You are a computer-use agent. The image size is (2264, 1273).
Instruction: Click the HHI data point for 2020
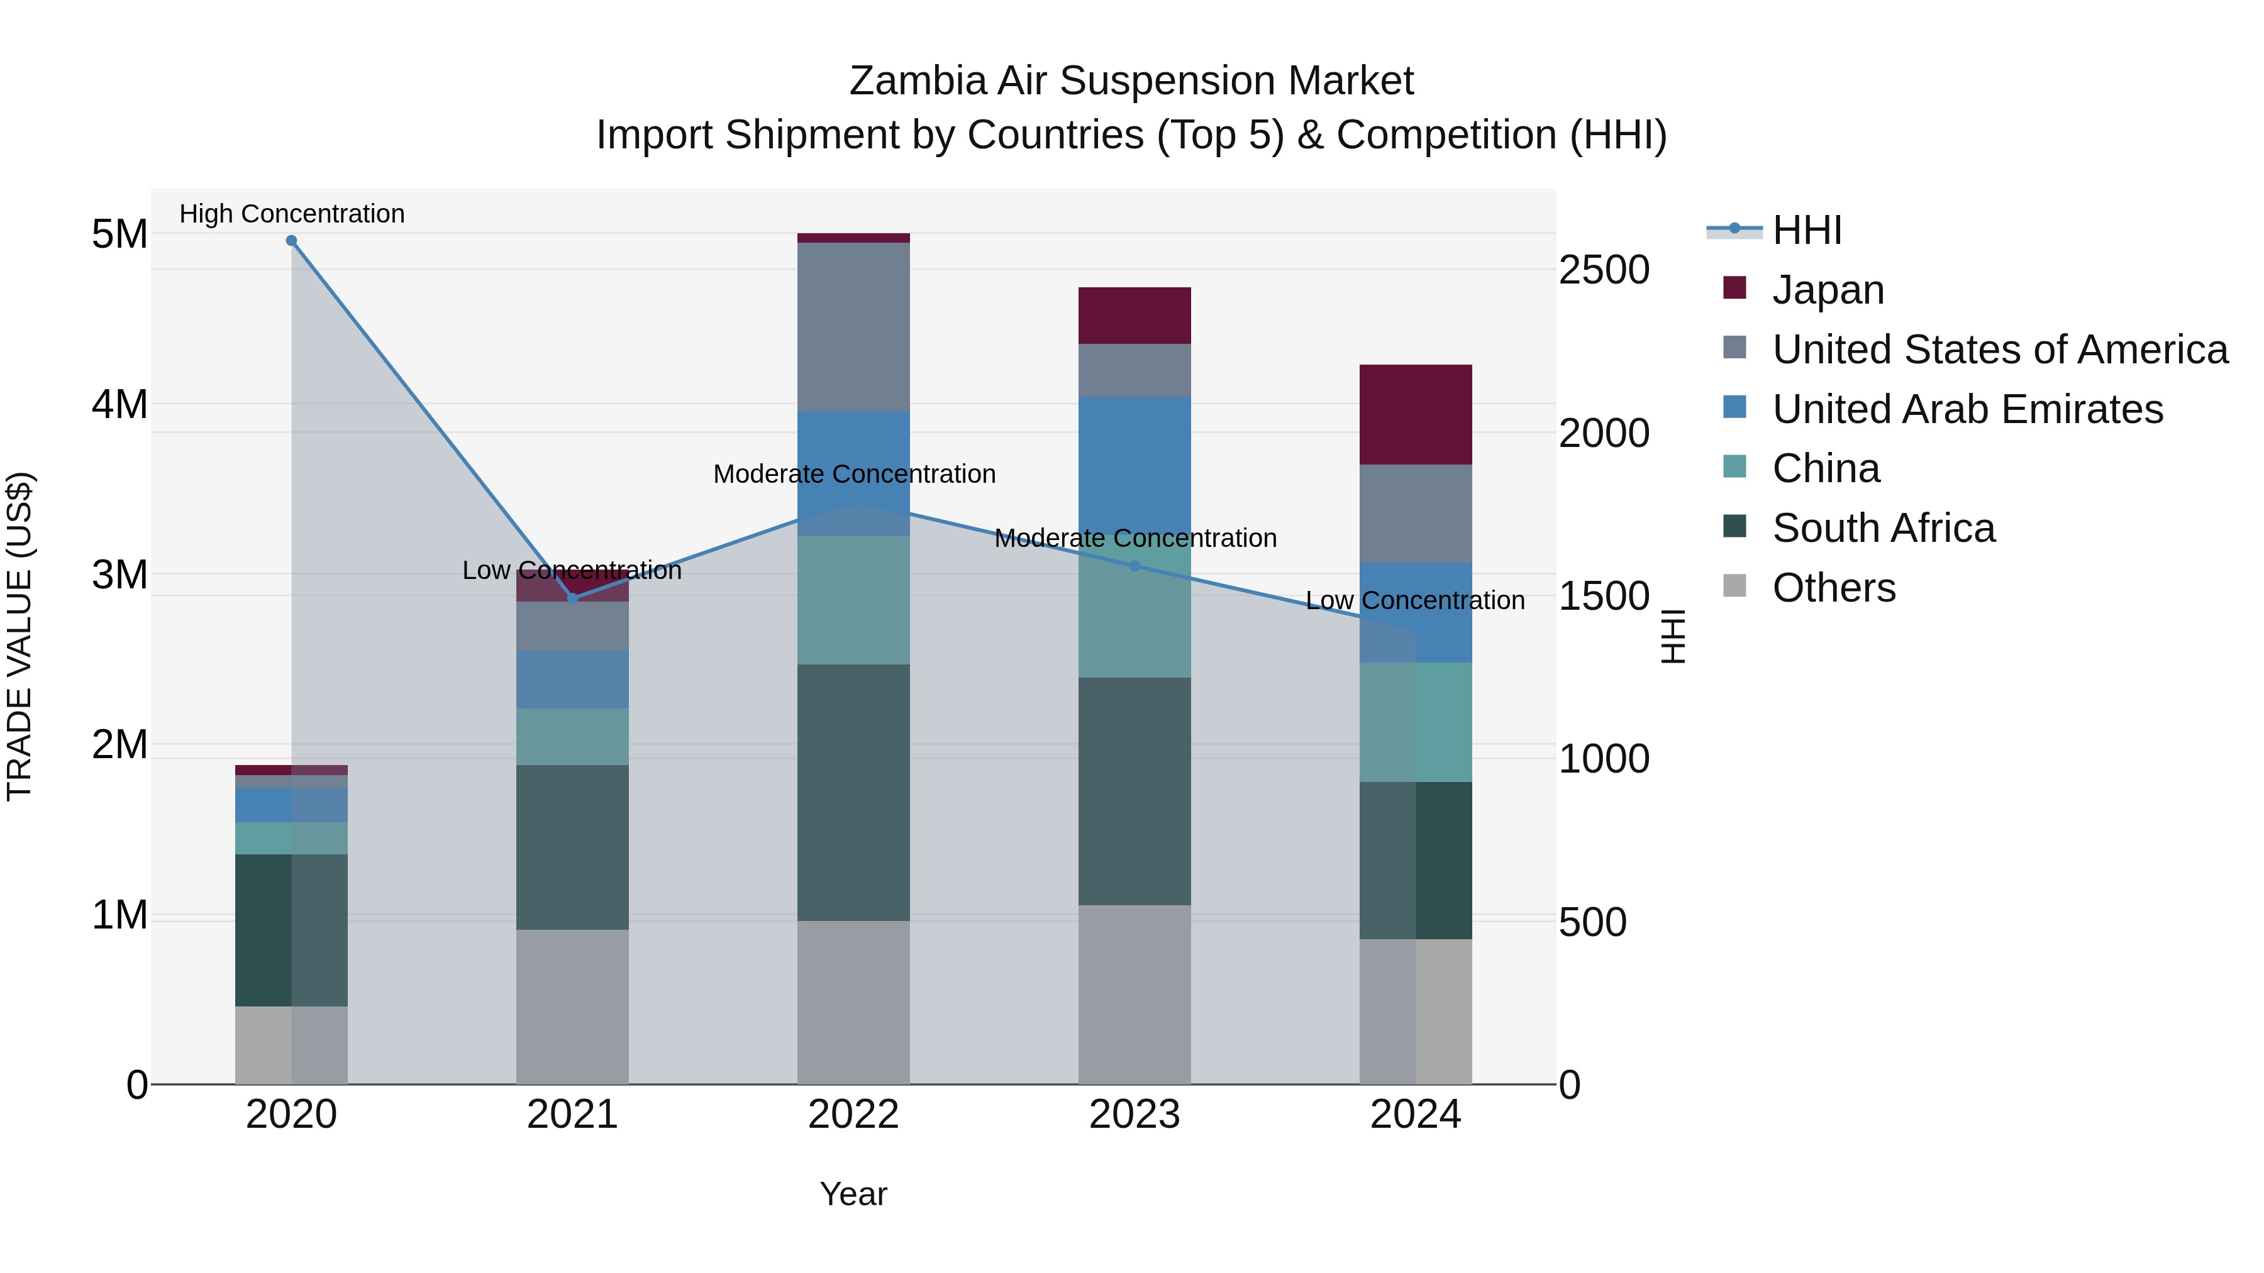pos(292,241)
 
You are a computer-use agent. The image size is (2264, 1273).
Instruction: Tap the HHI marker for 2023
pos(1134,566)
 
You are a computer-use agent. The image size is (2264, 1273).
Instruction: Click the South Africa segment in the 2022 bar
pos(853,791)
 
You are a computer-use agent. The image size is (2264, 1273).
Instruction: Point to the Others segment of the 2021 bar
pos(572,1006)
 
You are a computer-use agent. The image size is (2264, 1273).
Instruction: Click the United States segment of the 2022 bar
pos(853,326)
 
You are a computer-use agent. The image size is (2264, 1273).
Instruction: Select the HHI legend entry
pos(1806,230)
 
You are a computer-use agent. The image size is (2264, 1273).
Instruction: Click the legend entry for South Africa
pos(1882,528)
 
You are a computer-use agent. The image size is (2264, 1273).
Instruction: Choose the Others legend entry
pos(1833,588)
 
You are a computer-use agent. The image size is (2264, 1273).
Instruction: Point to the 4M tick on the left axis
pos(119,404)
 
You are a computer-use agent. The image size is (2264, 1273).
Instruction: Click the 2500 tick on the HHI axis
pos(1603,270)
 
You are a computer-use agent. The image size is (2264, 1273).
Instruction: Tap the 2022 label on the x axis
pos(853,1115)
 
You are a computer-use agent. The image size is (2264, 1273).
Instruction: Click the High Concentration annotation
pos(292,214)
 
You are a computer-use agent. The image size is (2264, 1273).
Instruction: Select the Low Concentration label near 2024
pos(1415,600)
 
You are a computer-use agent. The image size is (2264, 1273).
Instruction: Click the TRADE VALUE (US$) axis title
pos(19,636)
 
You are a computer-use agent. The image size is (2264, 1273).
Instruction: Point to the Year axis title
pos(853,1194)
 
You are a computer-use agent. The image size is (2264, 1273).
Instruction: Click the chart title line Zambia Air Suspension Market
pos(1131,81)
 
